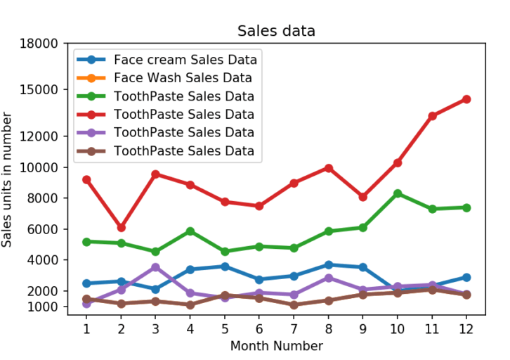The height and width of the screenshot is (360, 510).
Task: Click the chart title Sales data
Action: [276, 31]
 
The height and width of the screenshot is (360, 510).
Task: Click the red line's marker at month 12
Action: [466, 99]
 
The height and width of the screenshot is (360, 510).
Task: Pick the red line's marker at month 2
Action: [121, 228]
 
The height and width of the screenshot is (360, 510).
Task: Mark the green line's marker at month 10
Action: [397, 193]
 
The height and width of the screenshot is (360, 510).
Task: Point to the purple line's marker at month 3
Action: [155, 267]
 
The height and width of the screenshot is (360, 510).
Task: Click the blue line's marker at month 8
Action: [328, 265]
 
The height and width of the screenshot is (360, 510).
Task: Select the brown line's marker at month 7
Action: [294, 304]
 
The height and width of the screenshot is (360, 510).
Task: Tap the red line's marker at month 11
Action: [431, 116]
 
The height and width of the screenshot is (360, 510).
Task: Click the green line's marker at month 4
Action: [190, 231]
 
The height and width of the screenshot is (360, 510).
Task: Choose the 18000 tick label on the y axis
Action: [40, 44]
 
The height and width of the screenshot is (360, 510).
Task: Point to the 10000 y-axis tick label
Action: [40, 167]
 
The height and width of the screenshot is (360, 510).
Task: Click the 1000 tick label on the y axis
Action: [43, 307]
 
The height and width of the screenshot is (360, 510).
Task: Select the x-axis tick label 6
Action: [259, 328]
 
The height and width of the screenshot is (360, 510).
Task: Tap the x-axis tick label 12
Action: [466, 328]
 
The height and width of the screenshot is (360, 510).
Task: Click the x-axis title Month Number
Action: [276, 346]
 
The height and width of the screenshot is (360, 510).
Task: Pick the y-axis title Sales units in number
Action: [8, 180]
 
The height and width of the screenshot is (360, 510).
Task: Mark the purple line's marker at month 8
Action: [328, 278]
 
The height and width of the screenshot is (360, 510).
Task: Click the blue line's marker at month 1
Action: [86, 283]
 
